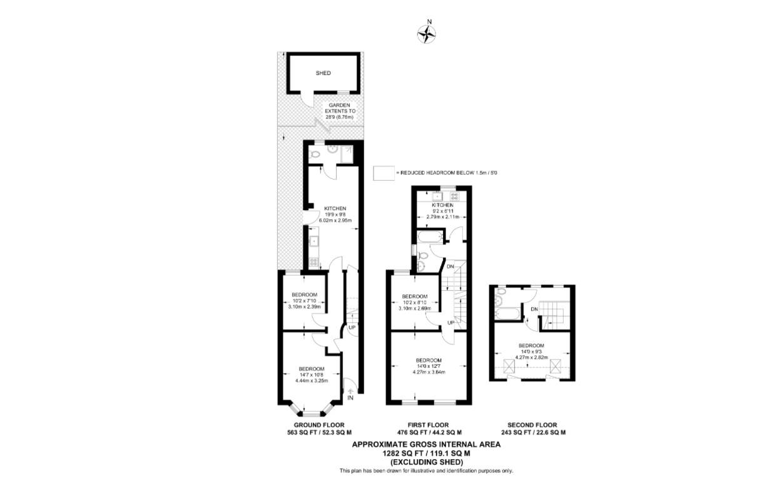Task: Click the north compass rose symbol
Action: coord(427,34)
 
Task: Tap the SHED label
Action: coord(323,73)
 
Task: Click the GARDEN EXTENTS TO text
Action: coord(340,108)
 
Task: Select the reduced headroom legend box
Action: coord(384,173)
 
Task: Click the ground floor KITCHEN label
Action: coord(335,208)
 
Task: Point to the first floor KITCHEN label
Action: coord(442,205)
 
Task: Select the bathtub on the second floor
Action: coord(507,313)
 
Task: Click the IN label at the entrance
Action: coord(350,398)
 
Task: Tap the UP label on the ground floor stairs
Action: coord(352,328)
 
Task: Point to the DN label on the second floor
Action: coord(534,309)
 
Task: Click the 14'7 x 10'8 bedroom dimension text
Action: coord(312,375)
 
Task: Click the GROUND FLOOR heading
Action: coord(319,425)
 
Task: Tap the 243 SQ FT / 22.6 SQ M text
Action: coord(534,433)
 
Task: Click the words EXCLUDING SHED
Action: coord(427,462)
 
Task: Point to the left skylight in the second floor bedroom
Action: coord(509,367)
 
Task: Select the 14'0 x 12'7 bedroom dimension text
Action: coord(429,366)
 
